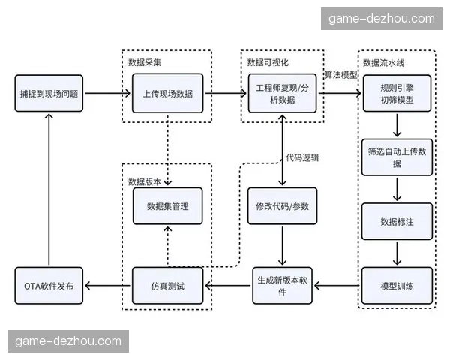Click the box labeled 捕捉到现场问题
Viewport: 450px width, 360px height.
tap(49, 94)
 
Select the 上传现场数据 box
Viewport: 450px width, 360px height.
tap(167, 94)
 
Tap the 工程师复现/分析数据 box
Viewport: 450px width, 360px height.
tap(281, 94)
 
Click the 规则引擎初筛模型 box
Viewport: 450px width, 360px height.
tap(397, 94)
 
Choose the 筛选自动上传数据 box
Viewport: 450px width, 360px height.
tap(397, 157)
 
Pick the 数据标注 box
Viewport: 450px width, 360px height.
tap(397, 222)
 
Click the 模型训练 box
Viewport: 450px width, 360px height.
tap(397, 286)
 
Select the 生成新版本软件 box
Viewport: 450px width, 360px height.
tap(282, 286)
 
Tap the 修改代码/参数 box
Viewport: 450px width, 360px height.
tap(282, 205)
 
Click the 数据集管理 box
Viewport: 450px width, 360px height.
tap(167, 205)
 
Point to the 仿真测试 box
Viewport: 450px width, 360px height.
tap(167, 286)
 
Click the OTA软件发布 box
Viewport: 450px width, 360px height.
tap(49, 286)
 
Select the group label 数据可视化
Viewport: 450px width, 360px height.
tap(268, 61)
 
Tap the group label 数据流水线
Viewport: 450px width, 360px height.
tap(384, 61)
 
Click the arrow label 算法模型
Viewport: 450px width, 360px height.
tap(341, 75)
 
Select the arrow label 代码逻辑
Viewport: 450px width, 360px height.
tap(303, 157)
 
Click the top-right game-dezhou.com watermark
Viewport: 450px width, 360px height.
tap(380, 19)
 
